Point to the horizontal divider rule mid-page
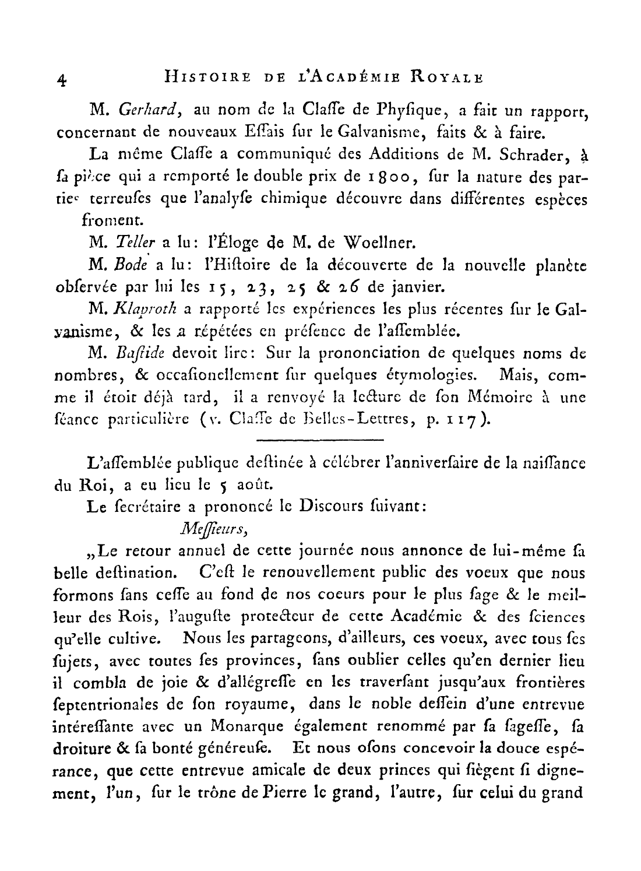pos(319,439)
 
